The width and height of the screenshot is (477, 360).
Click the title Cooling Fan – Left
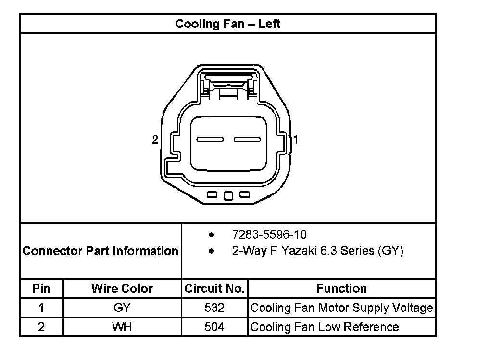[227, 24]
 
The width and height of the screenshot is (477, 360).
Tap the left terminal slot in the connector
[210, 140]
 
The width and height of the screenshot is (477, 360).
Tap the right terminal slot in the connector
[247, 140]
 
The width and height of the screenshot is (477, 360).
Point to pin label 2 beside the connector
[155, 140]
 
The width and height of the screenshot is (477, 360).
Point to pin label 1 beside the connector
[295, 140]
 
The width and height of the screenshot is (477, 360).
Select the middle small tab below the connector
[228, 195]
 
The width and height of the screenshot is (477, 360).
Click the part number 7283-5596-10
[269, 234]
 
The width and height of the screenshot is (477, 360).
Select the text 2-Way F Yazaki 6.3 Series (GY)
[317, 251]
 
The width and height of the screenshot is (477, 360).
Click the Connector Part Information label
[100, 251]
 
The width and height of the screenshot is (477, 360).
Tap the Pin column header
[41, 288]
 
